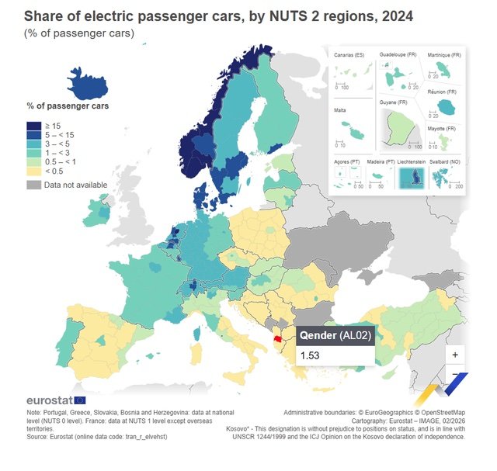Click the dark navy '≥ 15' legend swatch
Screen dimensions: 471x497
[34, 126]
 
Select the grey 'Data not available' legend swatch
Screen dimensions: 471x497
[34, 185]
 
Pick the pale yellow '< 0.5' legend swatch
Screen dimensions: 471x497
[34, 171]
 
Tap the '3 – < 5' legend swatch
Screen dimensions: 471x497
[34, 144]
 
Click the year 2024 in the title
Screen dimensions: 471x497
[396, 16]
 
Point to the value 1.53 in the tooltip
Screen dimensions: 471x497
[311, 355]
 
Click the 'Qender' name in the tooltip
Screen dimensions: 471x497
[317, 335]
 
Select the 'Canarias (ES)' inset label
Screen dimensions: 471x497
[349, 56]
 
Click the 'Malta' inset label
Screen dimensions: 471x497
[340, 110]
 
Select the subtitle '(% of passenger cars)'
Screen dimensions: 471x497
[78, 33]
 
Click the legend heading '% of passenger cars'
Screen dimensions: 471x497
[68, 105]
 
